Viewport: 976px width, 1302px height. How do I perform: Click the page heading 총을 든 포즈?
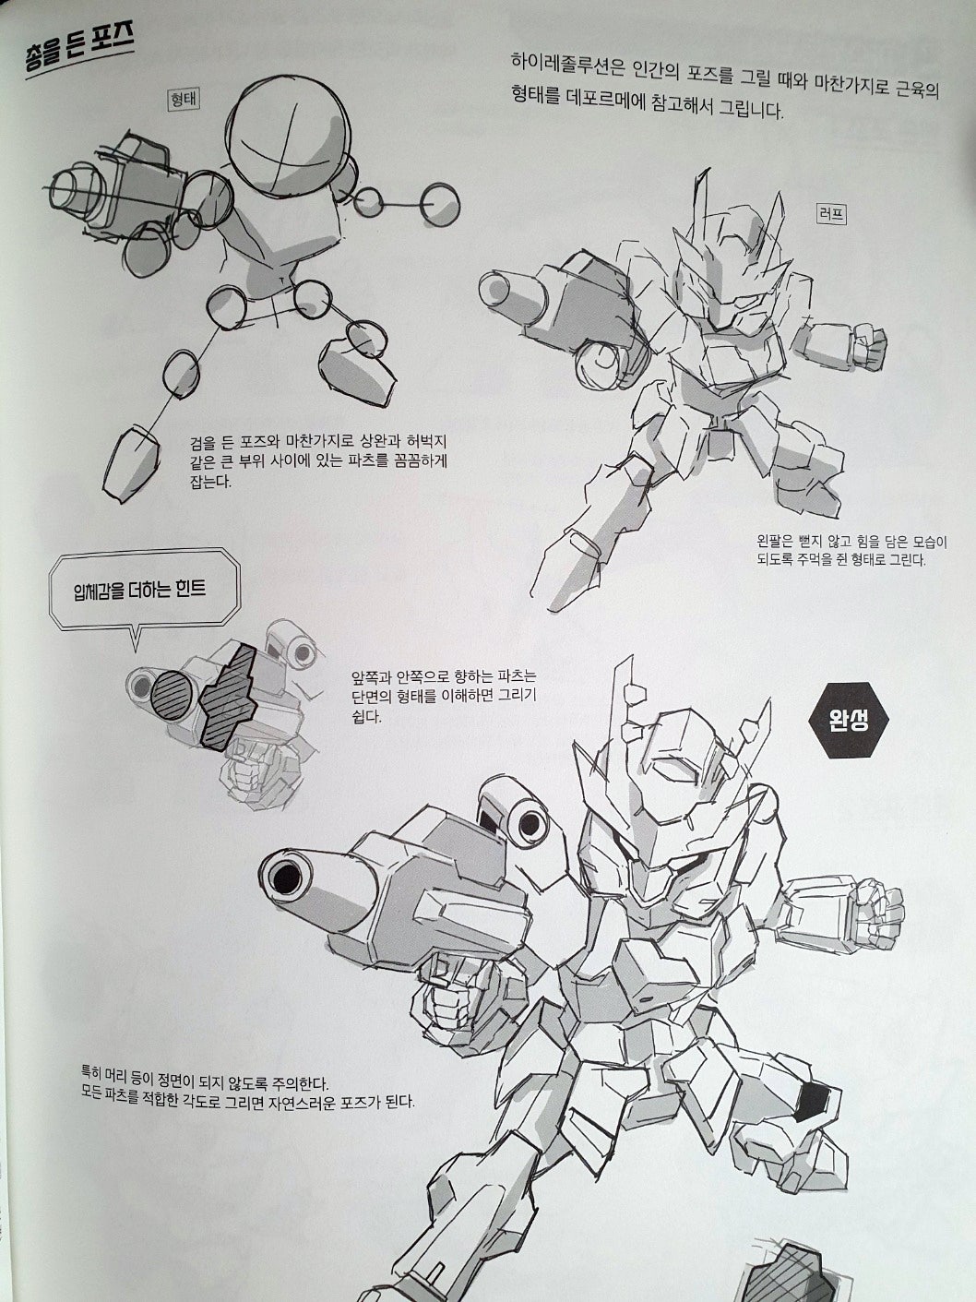pos(78,55)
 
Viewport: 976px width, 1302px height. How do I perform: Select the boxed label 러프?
pos(830,214)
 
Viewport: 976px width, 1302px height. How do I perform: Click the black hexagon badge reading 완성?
pos(848,720)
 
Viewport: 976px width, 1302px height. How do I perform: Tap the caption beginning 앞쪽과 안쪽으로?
pos(444,697)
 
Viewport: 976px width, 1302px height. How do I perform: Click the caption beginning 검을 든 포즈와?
pos(318,460)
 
